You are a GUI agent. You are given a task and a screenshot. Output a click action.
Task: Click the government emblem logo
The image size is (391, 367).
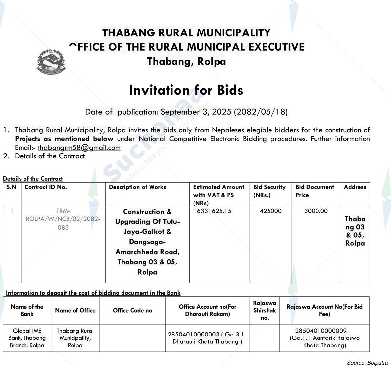(51, 61)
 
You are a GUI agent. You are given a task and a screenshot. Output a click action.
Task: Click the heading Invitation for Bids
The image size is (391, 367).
(186, 90)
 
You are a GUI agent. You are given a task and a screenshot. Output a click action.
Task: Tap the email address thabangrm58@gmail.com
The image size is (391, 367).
(79, 148)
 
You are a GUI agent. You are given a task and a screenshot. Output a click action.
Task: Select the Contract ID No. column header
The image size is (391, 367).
(46, 187)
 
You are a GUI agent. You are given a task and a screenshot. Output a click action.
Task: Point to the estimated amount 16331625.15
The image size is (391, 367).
(212, 211)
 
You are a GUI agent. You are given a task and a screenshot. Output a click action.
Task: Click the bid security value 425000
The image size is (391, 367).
(270, 211)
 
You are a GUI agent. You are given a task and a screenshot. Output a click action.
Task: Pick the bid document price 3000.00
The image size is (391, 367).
(316, 211)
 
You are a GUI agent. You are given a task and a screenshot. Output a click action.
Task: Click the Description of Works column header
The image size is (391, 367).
(137, 187)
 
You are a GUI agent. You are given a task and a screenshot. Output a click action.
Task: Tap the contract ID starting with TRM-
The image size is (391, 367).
(63, 219)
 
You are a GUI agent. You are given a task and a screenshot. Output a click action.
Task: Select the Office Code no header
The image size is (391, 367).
(132, 311)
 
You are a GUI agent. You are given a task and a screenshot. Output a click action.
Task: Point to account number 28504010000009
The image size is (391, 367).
(321, 331)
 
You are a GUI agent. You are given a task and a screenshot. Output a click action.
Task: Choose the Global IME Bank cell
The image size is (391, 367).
(27, 338)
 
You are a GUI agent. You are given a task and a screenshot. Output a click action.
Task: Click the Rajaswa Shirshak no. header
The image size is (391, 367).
(265, 310)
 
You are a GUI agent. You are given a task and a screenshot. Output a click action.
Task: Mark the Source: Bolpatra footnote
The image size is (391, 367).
(367, 363)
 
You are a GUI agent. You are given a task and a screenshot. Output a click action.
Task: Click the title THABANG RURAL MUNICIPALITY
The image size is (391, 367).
(186, 33)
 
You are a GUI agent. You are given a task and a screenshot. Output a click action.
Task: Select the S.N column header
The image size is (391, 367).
(12, 187)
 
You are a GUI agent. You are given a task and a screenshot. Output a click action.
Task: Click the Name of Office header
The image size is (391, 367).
(75, 311)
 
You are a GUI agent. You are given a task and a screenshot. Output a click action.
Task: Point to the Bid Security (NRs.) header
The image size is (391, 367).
(269, 191)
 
